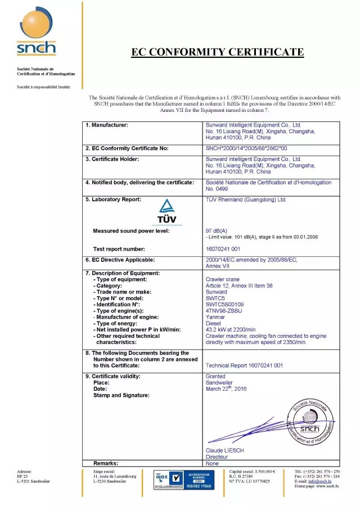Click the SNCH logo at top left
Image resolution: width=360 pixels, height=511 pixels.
point(37,42)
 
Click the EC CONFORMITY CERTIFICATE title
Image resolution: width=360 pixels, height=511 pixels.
point(217,52)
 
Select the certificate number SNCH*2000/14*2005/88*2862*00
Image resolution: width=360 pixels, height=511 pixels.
point(246,148)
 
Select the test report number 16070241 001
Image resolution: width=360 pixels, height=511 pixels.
point(223,248)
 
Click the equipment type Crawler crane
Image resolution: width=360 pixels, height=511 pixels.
point(223,279)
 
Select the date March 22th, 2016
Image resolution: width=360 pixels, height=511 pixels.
point(226,388)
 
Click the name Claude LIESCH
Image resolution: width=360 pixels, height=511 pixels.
point(225,451)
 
